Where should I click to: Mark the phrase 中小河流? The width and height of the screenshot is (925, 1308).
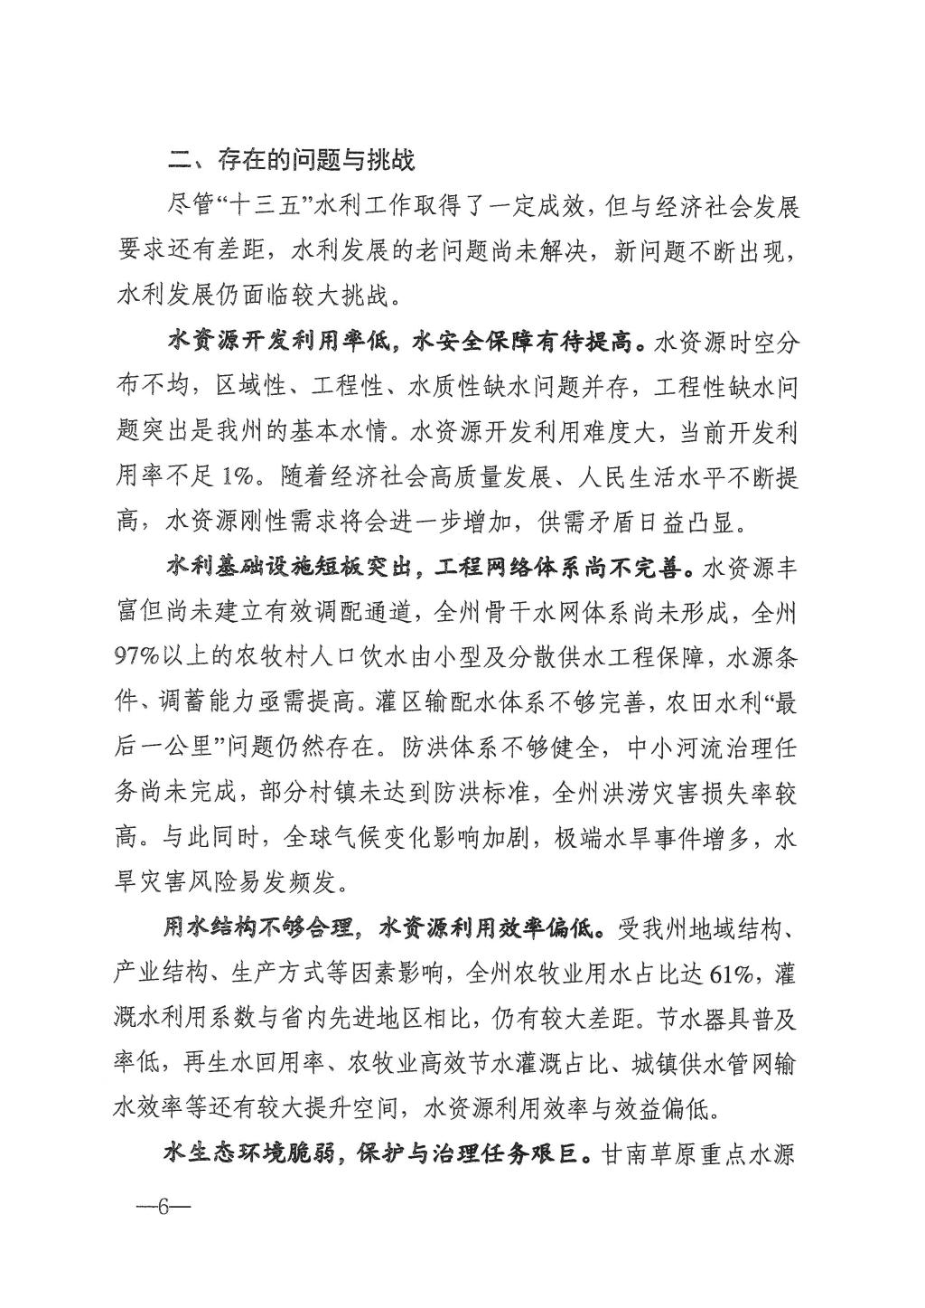click(646, 748)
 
